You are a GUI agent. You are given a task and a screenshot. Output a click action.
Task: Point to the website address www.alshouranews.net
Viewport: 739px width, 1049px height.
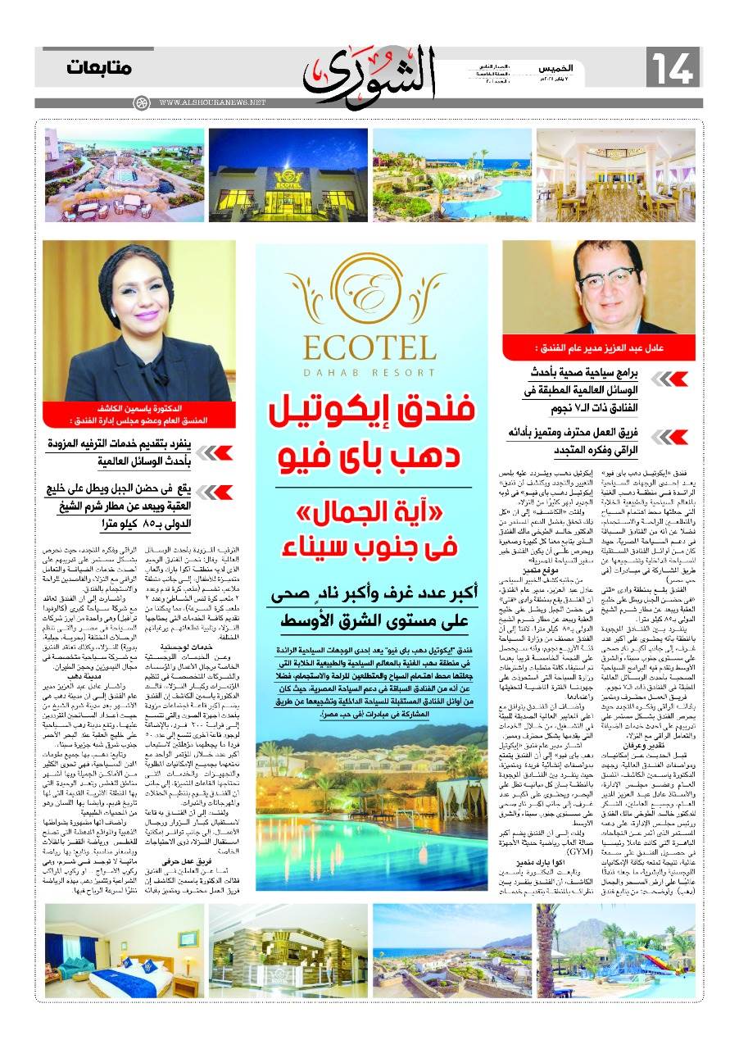(x=213, y=103)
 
